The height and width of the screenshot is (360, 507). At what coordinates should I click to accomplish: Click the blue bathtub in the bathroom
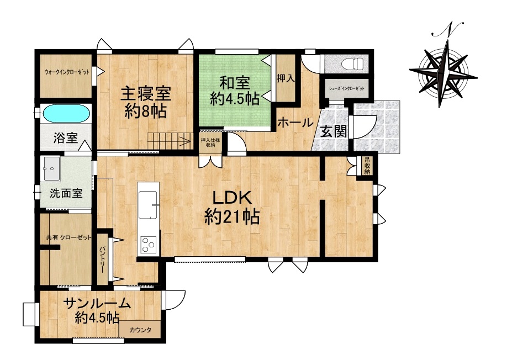[66, 114]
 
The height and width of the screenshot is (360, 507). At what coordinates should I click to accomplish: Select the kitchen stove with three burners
[149, 245]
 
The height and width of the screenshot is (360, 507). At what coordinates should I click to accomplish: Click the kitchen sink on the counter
[148, 205]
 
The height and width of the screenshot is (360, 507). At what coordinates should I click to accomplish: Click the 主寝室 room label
[146, 94]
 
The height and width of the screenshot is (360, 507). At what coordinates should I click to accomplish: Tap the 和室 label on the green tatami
[235, 83]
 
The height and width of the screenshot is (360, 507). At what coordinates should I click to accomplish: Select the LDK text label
[231, 198]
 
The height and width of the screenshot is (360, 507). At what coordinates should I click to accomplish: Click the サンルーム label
[97, 304]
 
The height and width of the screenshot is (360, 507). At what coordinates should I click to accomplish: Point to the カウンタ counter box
[140, 330]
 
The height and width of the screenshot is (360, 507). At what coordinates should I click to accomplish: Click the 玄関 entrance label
[334, 131]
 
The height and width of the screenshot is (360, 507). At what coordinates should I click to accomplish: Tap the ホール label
[295, 123]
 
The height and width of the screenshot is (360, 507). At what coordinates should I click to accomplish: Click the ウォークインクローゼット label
[67, 72]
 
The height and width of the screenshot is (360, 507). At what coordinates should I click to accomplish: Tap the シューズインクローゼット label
[347, 88]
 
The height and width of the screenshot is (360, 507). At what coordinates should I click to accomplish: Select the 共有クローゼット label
[69, 237]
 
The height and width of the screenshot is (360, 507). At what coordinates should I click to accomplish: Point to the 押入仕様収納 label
[210, 142]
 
